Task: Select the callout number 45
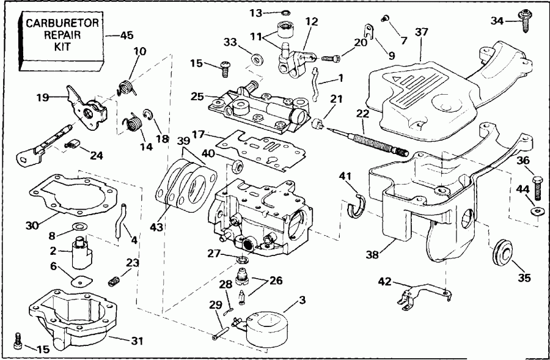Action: coord(127,35)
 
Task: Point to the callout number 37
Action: coord(421,32)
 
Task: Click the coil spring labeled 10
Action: coord(127,86)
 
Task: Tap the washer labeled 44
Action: coord(538,211)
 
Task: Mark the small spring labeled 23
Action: coord(113,281)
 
